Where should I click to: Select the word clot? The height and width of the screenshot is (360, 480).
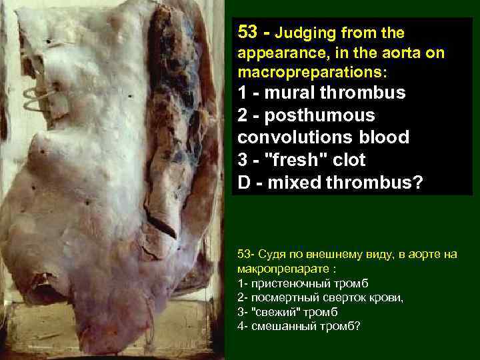[x=347, y=160]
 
